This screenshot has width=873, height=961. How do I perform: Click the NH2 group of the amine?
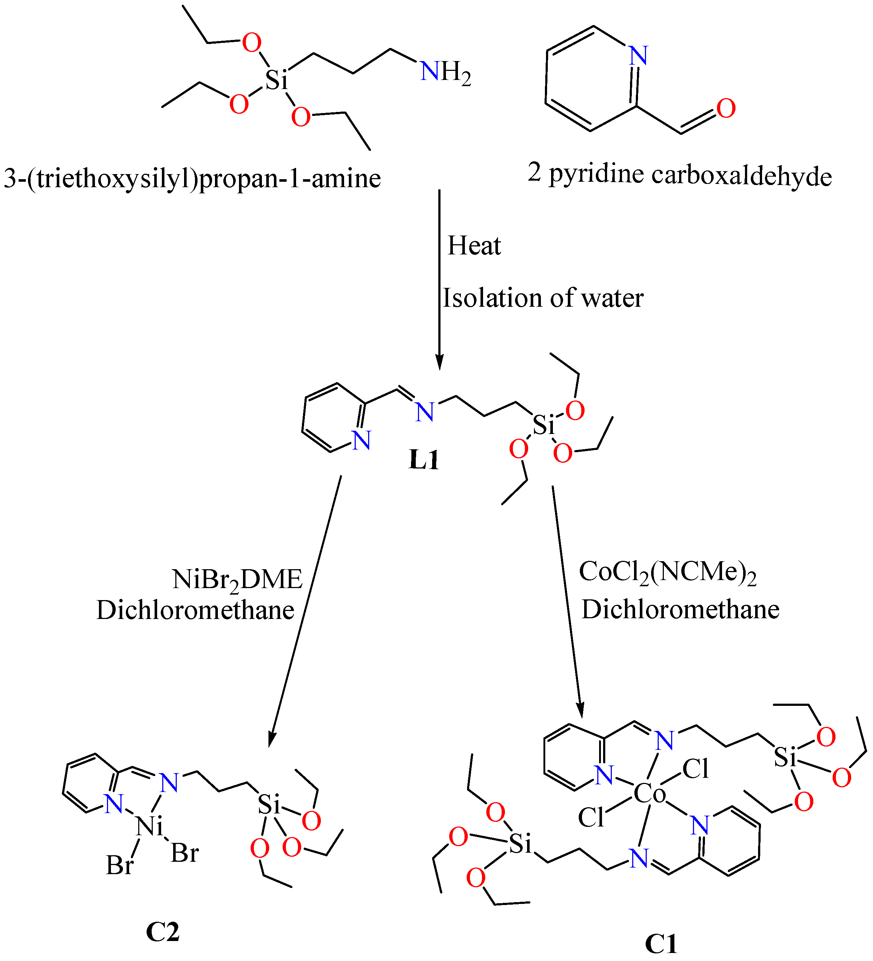click(x=445, y=72)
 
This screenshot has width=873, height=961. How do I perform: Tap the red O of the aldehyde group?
click(x=726, y=109)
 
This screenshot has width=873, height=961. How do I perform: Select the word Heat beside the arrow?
click(x=474, y=246)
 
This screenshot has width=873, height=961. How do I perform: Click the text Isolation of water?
click(x=543, y=298)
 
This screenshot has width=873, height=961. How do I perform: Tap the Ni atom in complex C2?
click(x=149, y=826)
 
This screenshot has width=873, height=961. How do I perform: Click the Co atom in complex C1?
click(x=649, y=794)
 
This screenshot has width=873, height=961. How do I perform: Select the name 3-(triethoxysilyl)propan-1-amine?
click(x=192, y=179)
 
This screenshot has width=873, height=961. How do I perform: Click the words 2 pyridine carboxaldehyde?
click(x=680, y=174)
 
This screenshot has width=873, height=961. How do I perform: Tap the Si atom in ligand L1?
click(x=543, y=425)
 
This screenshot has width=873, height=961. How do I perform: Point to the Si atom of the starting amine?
click(x=277, y=80)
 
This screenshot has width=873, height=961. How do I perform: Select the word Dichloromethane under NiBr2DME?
click(x=195, y=611)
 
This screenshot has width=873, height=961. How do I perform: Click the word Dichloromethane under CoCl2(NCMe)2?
click(x=680, y=610)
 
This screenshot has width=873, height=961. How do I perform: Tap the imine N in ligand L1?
click(x=424, y=412)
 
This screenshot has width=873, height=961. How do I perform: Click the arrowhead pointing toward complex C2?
click(x=271, y=741)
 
